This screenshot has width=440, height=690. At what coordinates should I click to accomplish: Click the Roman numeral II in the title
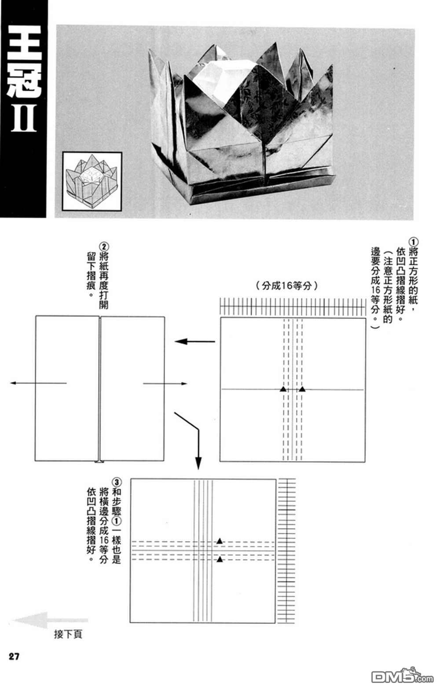coord(24,118)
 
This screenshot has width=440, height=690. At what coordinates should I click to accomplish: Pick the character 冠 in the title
coord(24,80)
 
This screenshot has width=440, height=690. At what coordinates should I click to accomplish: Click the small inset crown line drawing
coord(92,181)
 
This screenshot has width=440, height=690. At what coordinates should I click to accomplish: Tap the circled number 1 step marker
coord(413,241)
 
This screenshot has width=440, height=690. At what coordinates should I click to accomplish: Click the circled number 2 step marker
coord(104,247)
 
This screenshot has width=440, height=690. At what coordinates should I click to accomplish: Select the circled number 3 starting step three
coord(117,481)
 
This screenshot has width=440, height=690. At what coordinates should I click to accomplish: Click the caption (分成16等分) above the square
coord(286,285)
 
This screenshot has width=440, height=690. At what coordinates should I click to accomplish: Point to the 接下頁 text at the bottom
coord(68,634)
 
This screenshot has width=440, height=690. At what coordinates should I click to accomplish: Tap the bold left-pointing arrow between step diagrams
coord(194,341)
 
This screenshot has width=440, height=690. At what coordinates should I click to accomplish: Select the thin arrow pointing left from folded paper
coord(38,383)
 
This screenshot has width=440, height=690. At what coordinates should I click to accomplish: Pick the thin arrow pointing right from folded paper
coord(165,384)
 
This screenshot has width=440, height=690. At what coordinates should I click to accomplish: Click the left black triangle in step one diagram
coord(283,389)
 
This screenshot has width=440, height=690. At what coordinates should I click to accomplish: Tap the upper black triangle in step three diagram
coord(219,541)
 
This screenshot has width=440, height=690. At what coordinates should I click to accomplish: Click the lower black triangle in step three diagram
coord(219,559)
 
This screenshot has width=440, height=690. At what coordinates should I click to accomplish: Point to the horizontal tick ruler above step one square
coord(293,307)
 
